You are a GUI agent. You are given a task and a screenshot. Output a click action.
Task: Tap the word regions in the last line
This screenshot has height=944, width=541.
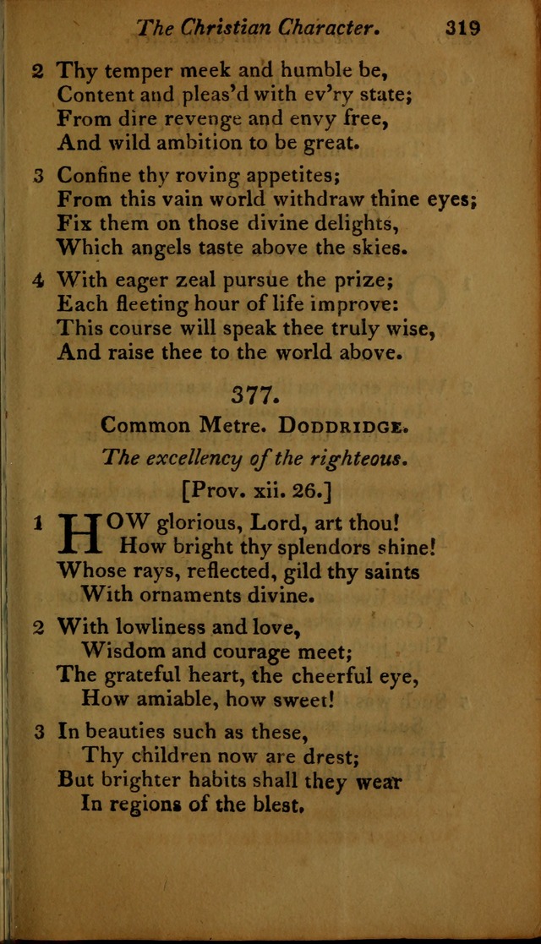click(x=148, y=804)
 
